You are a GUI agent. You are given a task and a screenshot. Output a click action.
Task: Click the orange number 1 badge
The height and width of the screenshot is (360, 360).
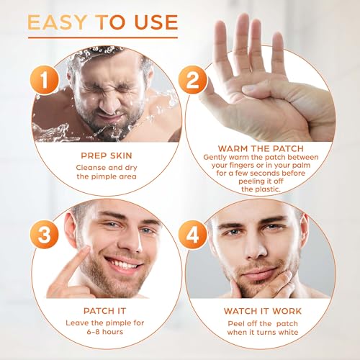tap(45, 80)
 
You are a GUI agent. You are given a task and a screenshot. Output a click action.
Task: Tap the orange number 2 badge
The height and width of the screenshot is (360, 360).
tap(193, 80)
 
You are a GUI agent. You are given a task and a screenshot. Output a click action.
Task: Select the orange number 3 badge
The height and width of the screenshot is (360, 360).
tap(45, 234)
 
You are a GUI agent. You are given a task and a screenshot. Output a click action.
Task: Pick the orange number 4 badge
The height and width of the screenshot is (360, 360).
tap(193, 234)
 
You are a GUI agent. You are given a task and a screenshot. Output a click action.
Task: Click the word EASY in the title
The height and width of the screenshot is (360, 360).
tap(58, 22)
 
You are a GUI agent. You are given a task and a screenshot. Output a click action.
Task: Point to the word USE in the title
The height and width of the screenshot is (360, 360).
tap(156, 22)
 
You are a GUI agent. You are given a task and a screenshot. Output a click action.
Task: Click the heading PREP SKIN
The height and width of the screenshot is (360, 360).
tap(107, 156)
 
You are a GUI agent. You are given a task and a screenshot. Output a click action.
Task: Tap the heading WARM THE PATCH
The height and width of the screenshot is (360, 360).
tap(261, 148)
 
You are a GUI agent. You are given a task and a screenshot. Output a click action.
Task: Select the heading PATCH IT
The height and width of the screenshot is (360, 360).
tap(105, 311)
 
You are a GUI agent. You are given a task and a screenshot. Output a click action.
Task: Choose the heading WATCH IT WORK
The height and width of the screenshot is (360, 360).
tap(263, 311)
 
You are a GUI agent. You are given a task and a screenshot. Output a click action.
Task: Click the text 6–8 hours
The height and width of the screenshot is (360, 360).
tap(105, 332)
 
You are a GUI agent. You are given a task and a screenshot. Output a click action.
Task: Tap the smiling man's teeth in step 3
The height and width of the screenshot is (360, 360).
tap(123, 264)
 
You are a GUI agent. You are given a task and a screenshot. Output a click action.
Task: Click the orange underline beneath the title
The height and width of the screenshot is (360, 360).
tap(103, 37)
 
